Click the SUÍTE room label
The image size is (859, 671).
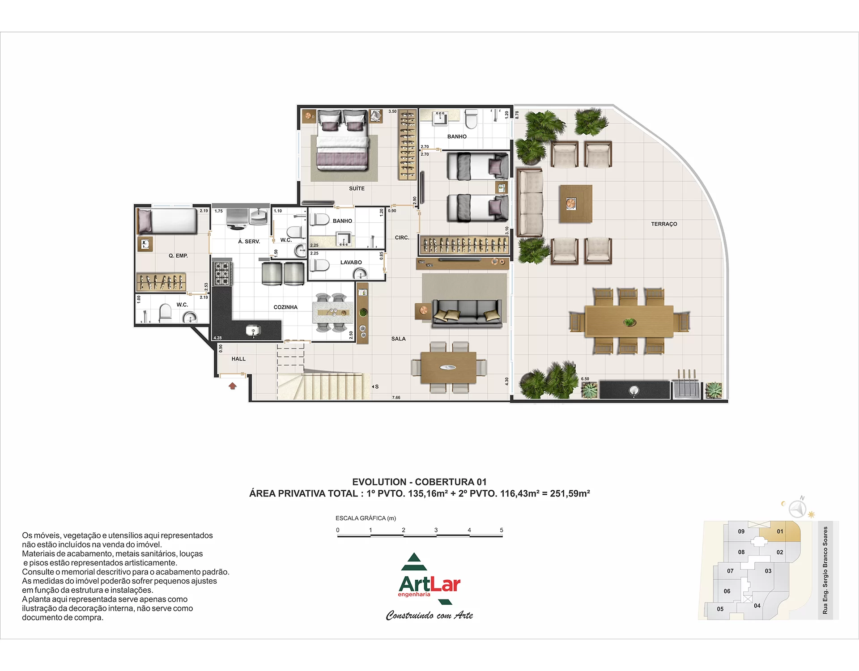click(x=357, y=189)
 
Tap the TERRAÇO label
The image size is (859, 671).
click(x=664, y=224)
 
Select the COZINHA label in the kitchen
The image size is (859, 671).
click(x=285, y=307)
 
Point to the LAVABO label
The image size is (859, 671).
click(x=351, y=263)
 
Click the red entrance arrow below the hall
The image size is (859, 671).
click(x=233, y=386)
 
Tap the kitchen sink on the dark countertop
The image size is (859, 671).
click(x=253, y=331)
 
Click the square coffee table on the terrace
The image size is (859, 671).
click(x=576, y=204)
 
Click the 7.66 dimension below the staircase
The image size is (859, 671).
click(x=396, y=397)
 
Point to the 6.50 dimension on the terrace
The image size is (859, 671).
click(x=585, y=379)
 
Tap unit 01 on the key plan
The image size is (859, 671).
click(x=780, y=531)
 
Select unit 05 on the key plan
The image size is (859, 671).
click(x=720, y=609)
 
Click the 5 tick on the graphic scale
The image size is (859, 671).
click(x=502, y=530)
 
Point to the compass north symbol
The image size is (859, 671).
click(x=797, y=509)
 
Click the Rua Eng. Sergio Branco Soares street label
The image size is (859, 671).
click(x=825, y=570)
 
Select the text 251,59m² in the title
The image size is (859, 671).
click(x=570, y=493)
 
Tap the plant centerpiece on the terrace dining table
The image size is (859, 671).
click(x=629, y=322)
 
